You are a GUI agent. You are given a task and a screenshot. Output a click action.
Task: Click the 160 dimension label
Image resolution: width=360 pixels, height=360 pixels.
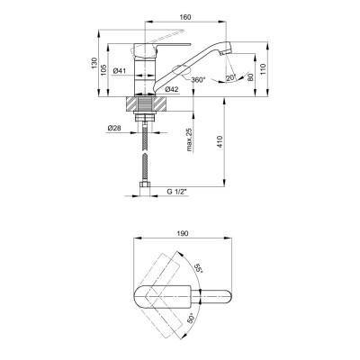(185, 17)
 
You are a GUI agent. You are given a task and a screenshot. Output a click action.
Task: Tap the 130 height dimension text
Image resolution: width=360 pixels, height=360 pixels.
(94, 62)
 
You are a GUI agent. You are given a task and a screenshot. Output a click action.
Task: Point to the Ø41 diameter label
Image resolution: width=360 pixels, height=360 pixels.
(120, 71)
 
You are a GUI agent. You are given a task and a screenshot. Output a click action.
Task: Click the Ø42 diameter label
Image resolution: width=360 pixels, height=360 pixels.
(172, 89)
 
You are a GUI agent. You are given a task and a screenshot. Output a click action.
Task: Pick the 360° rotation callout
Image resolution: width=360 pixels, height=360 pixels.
(198, 80)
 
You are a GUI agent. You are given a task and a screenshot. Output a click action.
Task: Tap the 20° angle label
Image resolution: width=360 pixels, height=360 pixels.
(231, 78)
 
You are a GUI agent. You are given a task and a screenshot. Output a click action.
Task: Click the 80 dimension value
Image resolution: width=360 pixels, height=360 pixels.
(251, 76)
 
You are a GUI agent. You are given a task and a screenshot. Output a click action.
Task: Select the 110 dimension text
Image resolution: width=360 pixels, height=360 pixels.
(263, 68)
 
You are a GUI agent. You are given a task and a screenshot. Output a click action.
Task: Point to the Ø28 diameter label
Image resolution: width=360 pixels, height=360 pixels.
(114, 128)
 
